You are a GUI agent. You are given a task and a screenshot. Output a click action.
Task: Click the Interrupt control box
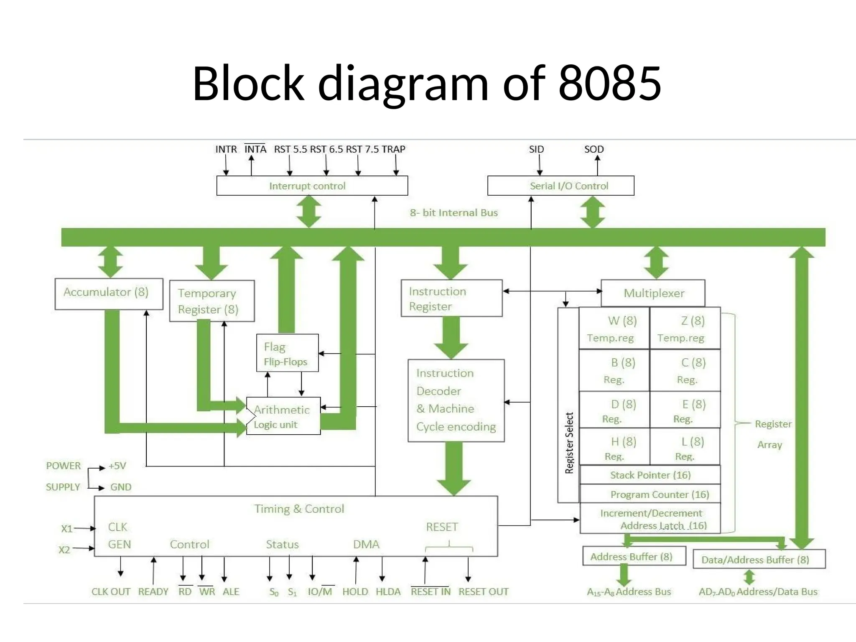click(x=312, y=186)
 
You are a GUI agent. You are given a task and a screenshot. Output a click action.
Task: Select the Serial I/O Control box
click(x=560, y=186)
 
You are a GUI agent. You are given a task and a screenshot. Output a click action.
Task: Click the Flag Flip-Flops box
click(x=287, y=353)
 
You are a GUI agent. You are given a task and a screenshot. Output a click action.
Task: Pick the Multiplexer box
click(x=653, y=293)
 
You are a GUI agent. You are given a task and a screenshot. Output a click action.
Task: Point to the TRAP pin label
click(x=393, y=149)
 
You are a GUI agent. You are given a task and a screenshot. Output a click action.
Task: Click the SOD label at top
click(x=594, y=149)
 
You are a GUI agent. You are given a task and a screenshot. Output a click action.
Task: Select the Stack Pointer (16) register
click(x=650, y=475)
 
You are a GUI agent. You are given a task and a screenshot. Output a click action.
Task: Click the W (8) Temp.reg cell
click(x=614, y=329)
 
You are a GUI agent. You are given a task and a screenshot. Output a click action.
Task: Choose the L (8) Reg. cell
click(x=685, y=448)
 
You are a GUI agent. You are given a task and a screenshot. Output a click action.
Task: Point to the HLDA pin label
click(x=388, y=591)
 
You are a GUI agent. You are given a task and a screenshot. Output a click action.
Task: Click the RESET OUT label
click(x=483, y=591)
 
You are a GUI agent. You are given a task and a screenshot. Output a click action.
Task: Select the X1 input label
click(x=66, y=529)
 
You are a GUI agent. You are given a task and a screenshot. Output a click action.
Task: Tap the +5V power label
click(x=117, y=466)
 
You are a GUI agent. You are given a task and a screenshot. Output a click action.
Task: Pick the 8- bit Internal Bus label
click(x=453, y=213)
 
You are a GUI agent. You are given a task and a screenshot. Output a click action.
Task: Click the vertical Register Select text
click(x=569, y=443)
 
